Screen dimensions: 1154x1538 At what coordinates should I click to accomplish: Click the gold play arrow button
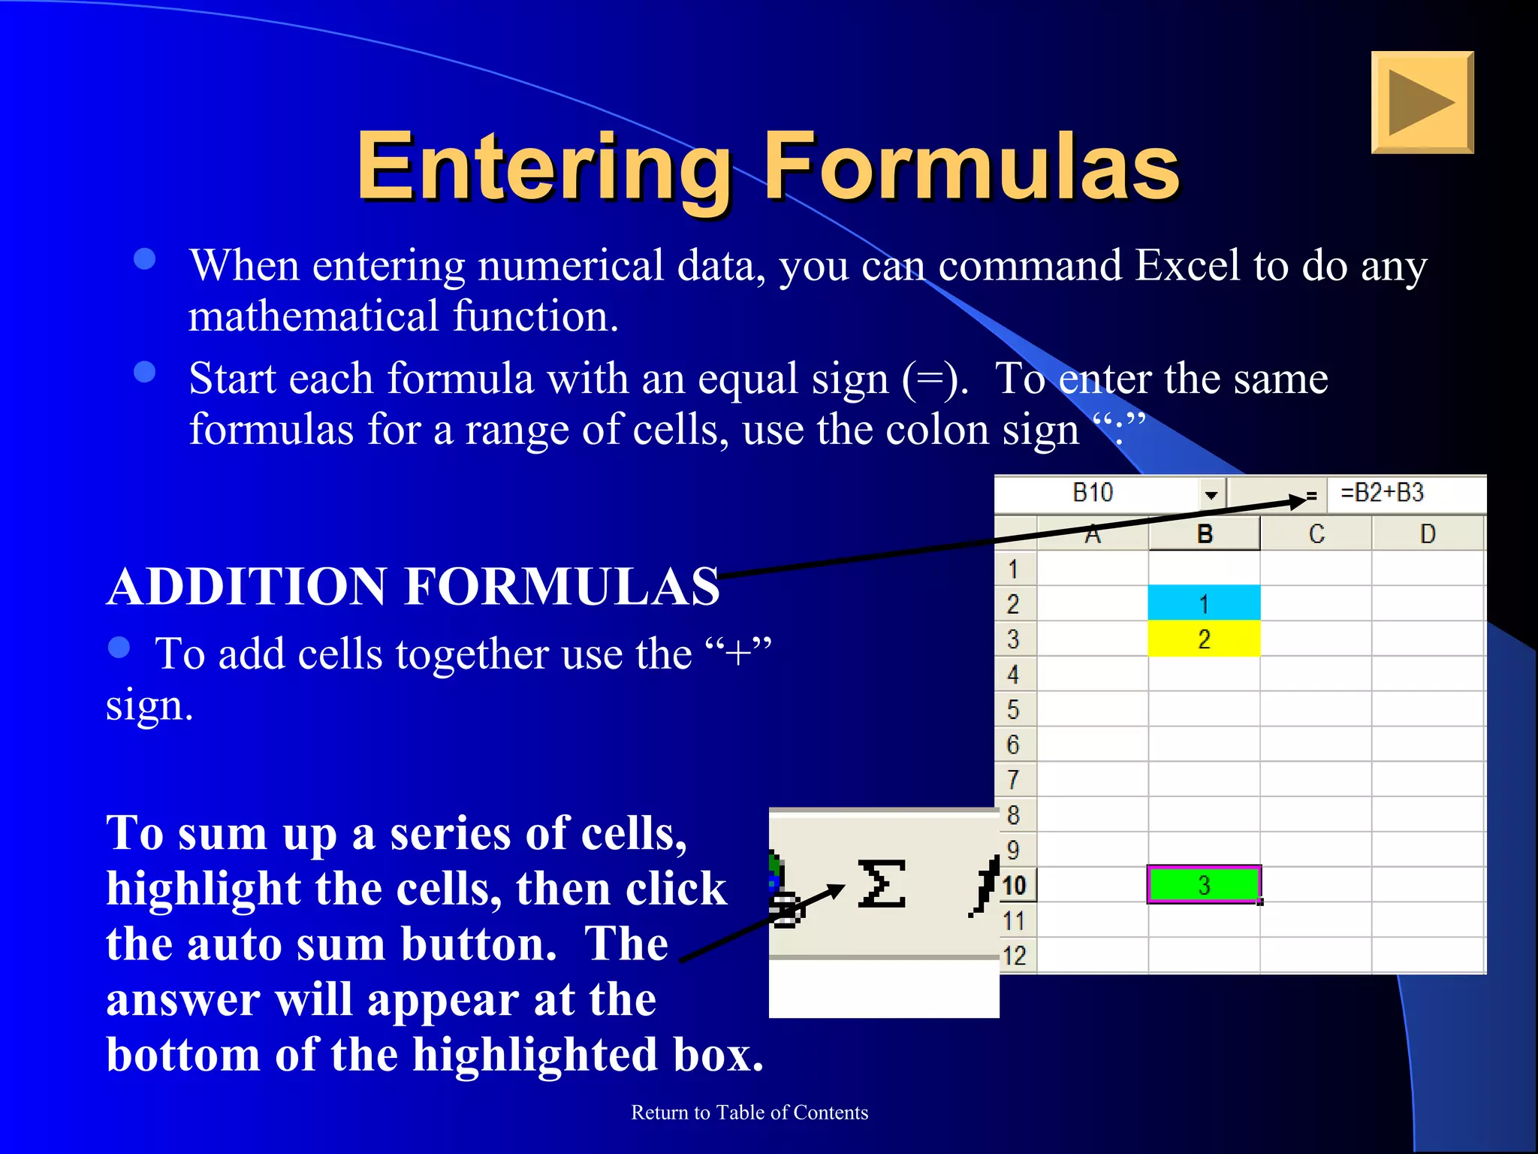[x=1422, y=102]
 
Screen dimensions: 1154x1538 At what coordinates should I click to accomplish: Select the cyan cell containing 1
[x=1203, y=603]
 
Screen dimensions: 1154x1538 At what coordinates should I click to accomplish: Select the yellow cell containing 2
[x=1203, y=639]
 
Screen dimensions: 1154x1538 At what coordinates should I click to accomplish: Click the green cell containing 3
[x=1203, y=885]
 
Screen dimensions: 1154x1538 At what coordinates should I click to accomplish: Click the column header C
[x=1316, y=534]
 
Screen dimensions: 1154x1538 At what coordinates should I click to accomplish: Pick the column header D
[x=1428, y=534]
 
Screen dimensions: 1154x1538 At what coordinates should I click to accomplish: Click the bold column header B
[x=1204, y=534]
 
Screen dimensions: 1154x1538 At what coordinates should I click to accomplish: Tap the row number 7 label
[x=1013, y=780]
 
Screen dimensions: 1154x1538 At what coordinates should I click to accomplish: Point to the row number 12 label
[x=1014, y=956]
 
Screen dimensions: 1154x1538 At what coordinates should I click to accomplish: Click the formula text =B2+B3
[x=1382, y=493]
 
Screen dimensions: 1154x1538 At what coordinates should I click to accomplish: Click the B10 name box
[x=1093, y=493]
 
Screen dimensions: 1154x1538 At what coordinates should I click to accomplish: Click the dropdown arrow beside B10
[x=1211, y=494]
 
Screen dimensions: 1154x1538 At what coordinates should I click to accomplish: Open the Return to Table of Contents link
[x=749, y=1113]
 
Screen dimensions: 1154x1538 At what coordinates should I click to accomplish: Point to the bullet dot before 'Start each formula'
[x=144, y=372]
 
